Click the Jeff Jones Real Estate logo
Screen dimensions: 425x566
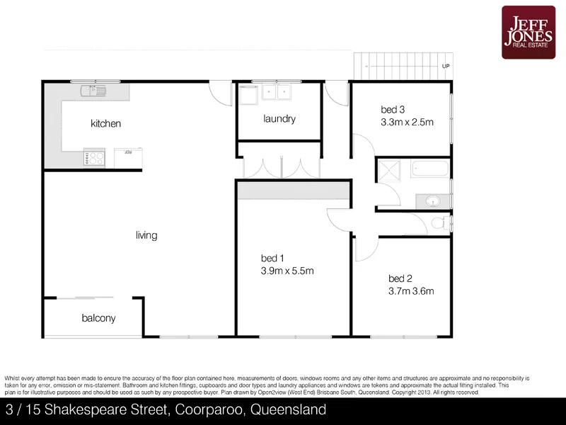click(x=530, y=32)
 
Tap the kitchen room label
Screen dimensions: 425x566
click(x=105, y=124)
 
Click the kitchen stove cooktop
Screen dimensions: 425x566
click(x=93, y=157)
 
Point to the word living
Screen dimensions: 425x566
click(x=146, y=235)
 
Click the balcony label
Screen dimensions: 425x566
click(x=98, y=319)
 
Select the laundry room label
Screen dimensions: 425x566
click(x=279, y=119)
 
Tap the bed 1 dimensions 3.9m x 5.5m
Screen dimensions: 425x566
click(x=287, y=271)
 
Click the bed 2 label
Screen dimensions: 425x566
click(x=400, y=278)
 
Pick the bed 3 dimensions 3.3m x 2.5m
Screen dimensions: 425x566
click(x=406, y=122)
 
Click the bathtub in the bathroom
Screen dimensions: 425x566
click(x=429, y=170)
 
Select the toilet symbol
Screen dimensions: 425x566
click(x=439, y=223)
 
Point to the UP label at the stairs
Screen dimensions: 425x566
click(x=445, y=67)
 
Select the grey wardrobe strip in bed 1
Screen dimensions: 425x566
click(x=294, y=191)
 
